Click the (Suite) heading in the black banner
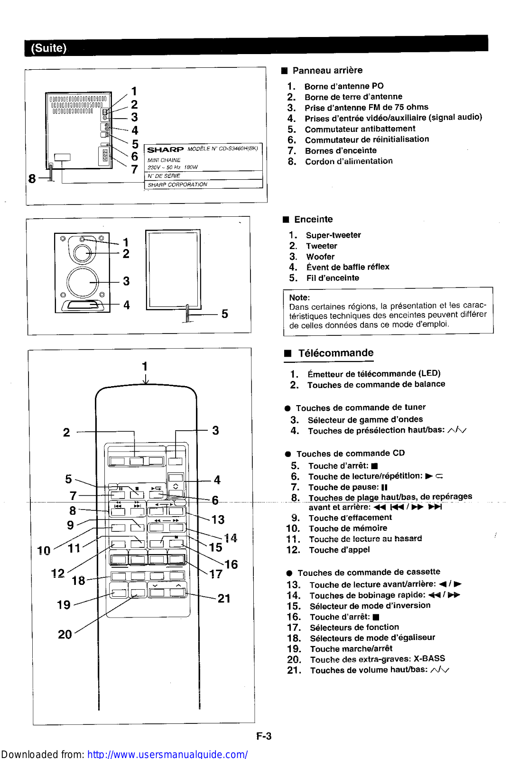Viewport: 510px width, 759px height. coord(48,48)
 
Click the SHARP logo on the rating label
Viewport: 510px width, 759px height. coord(165,150)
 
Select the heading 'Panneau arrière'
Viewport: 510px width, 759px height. coord(327,71)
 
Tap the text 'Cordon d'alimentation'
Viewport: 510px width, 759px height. coord(349,161)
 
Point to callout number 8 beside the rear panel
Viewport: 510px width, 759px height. coord(32,179)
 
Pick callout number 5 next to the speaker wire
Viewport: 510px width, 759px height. coord(224,314)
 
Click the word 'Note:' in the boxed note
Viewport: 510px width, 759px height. coord(299,297)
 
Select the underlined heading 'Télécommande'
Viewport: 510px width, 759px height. coord(335,353)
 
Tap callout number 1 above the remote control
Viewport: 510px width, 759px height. coord(145,366)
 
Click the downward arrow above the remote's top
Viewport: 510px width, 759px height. coord(146,379)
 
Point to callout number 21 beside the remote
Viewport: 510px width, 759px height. coord(224,599)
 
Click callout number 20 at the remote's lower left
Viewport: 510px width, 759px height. coord(65,634)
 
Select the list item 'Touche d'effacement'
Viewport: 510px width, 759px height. coord(350,518)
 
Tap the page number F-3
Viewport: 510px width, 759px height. coord(264,736)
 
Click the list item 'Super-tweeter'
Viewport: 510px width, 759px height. coord(333,235)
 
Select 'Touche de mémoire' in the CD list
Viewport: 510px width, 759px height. coord(348,528)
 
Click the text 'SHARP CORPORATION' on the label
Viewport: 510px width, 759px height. coord(177,185)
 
